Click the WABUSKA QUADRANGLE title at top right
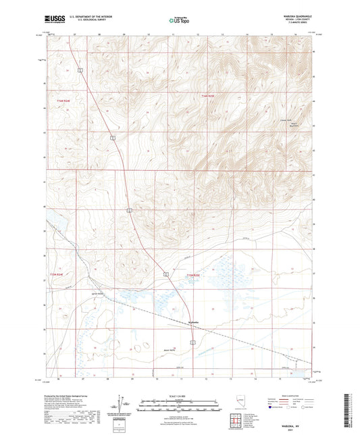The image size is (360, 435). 299,18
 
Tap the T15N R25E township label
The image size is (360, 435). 194,275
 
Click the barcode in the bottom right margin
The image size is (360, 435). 349,412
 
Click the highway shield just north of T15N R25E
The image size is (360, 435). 164,274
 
